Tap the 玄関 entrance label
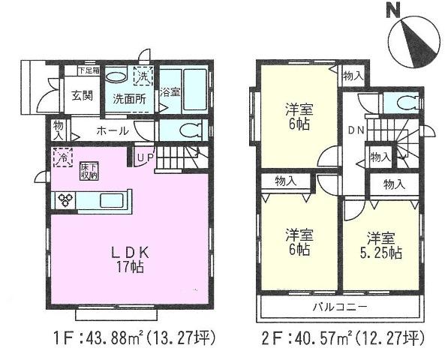82,95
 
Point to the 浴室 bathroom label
170,92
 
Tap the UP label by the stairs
146,159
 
